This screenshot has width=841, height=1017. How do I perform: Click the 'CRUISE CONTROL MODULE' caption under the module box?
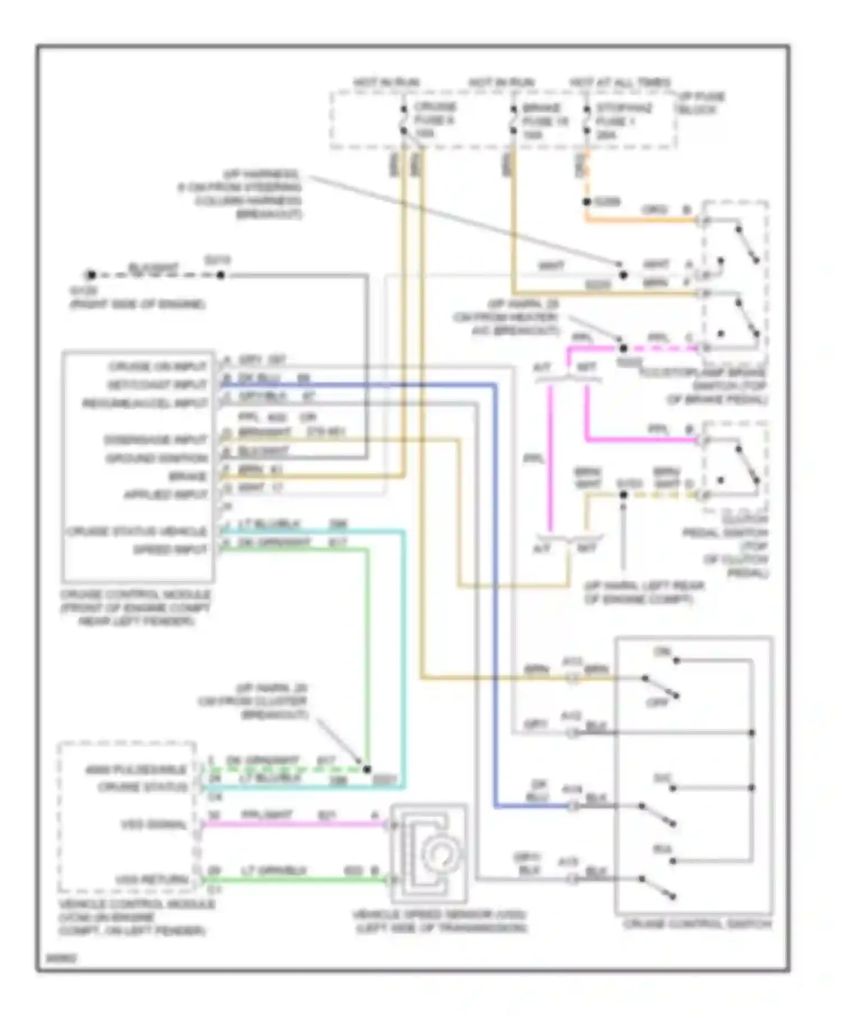136,595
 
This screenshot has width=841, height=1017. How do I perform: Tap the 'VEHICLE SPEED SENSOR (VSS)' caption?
440,915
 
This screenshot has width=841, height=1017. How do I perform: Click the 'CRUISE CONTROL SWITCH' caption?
697,924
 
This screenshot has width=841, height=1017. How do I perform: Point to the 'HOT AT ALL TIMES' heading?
620,82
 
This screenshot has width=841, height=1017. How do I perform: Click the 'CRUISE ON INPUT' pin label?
158,366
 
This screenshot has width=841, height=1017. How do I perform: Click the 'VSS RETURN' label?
151,879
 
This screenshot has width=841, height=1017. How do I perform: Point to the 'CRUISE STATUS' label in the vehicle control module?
142,787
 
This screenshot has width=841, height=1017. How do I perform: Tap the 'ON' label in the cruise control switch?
662,652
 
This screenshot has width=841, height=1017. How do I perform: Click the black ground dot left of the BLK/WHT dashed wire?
91,275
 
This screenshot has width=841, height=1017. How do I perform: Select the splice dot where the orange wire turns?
586,202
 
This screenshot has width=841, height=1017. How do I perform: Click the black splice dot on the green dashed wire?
367,770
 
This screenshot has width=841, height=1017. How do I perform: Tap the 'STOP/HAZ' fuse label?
623,108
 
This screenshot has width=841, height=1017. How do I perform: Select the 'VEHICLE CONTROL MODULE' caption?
137,904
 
